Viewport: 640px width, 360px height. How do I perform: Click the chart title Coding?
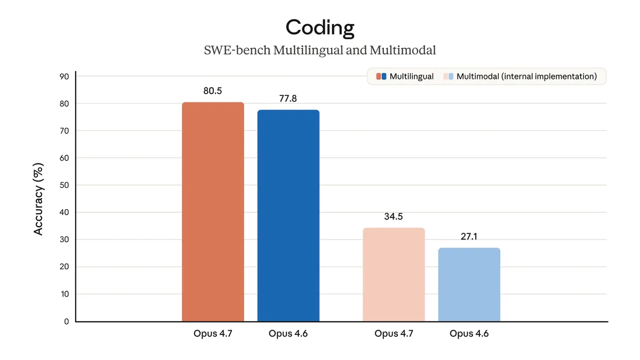point(319,28)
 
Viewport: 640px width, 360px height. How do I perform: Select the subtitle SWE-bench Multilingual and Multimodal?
point(319,51)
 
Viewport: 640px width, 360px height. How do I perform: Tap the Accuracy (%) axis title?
point(38,198)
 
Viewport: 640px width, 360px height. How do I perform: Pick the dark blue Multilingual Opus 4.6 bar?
point(288,215)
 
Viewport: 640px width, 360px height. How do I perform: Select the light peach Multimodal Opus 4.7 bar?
point(394,275)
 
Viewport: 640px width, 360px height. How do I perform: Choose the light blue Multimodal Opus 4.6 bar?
point(469,285)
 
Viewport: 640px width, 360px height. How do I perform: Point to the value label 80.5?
point(213,91)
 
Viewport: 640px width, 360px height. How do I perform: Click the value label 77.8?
point(288,99)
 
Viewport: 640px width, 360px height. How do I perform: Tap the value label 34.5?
point(394,217)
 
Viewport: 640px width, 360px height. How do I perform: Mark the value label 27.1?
point(469,236)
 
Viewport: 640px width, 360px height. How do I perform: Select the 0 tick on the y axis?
point(66,321)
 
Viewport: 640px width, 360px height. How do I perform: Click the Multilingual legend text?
point(411,76)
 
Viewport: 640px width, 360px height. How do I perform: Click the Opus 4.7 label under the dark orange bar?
point(213,334)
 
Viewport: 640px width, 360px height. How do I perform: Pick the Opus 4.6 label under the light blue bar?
point(469,334)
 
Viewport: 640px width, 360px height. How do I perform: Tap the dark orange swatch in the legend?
point(378,76)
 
